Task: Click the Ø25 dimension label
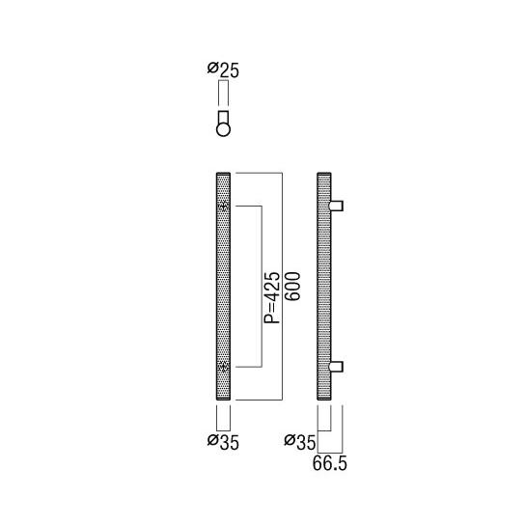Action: click(x=223, y=70)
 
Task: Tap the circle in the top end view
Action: click(x=223, y=129)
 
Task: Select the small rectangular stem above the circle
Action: click(x=223, y=117)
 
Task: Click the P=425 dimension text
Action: click(x=271, y=297)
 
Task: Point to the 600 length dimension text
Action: click(x=293, y=287)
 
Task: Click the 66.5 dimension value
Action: click(x=329, y=464)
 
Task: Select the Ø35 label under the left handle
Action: click(x=223, y=442)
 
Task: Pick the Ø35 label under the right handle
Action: click(x=300, y=442)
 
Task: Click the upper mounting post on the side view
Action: click(x=336, y=206)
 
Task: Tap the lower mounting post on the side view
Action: click(x=336, y=367)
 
